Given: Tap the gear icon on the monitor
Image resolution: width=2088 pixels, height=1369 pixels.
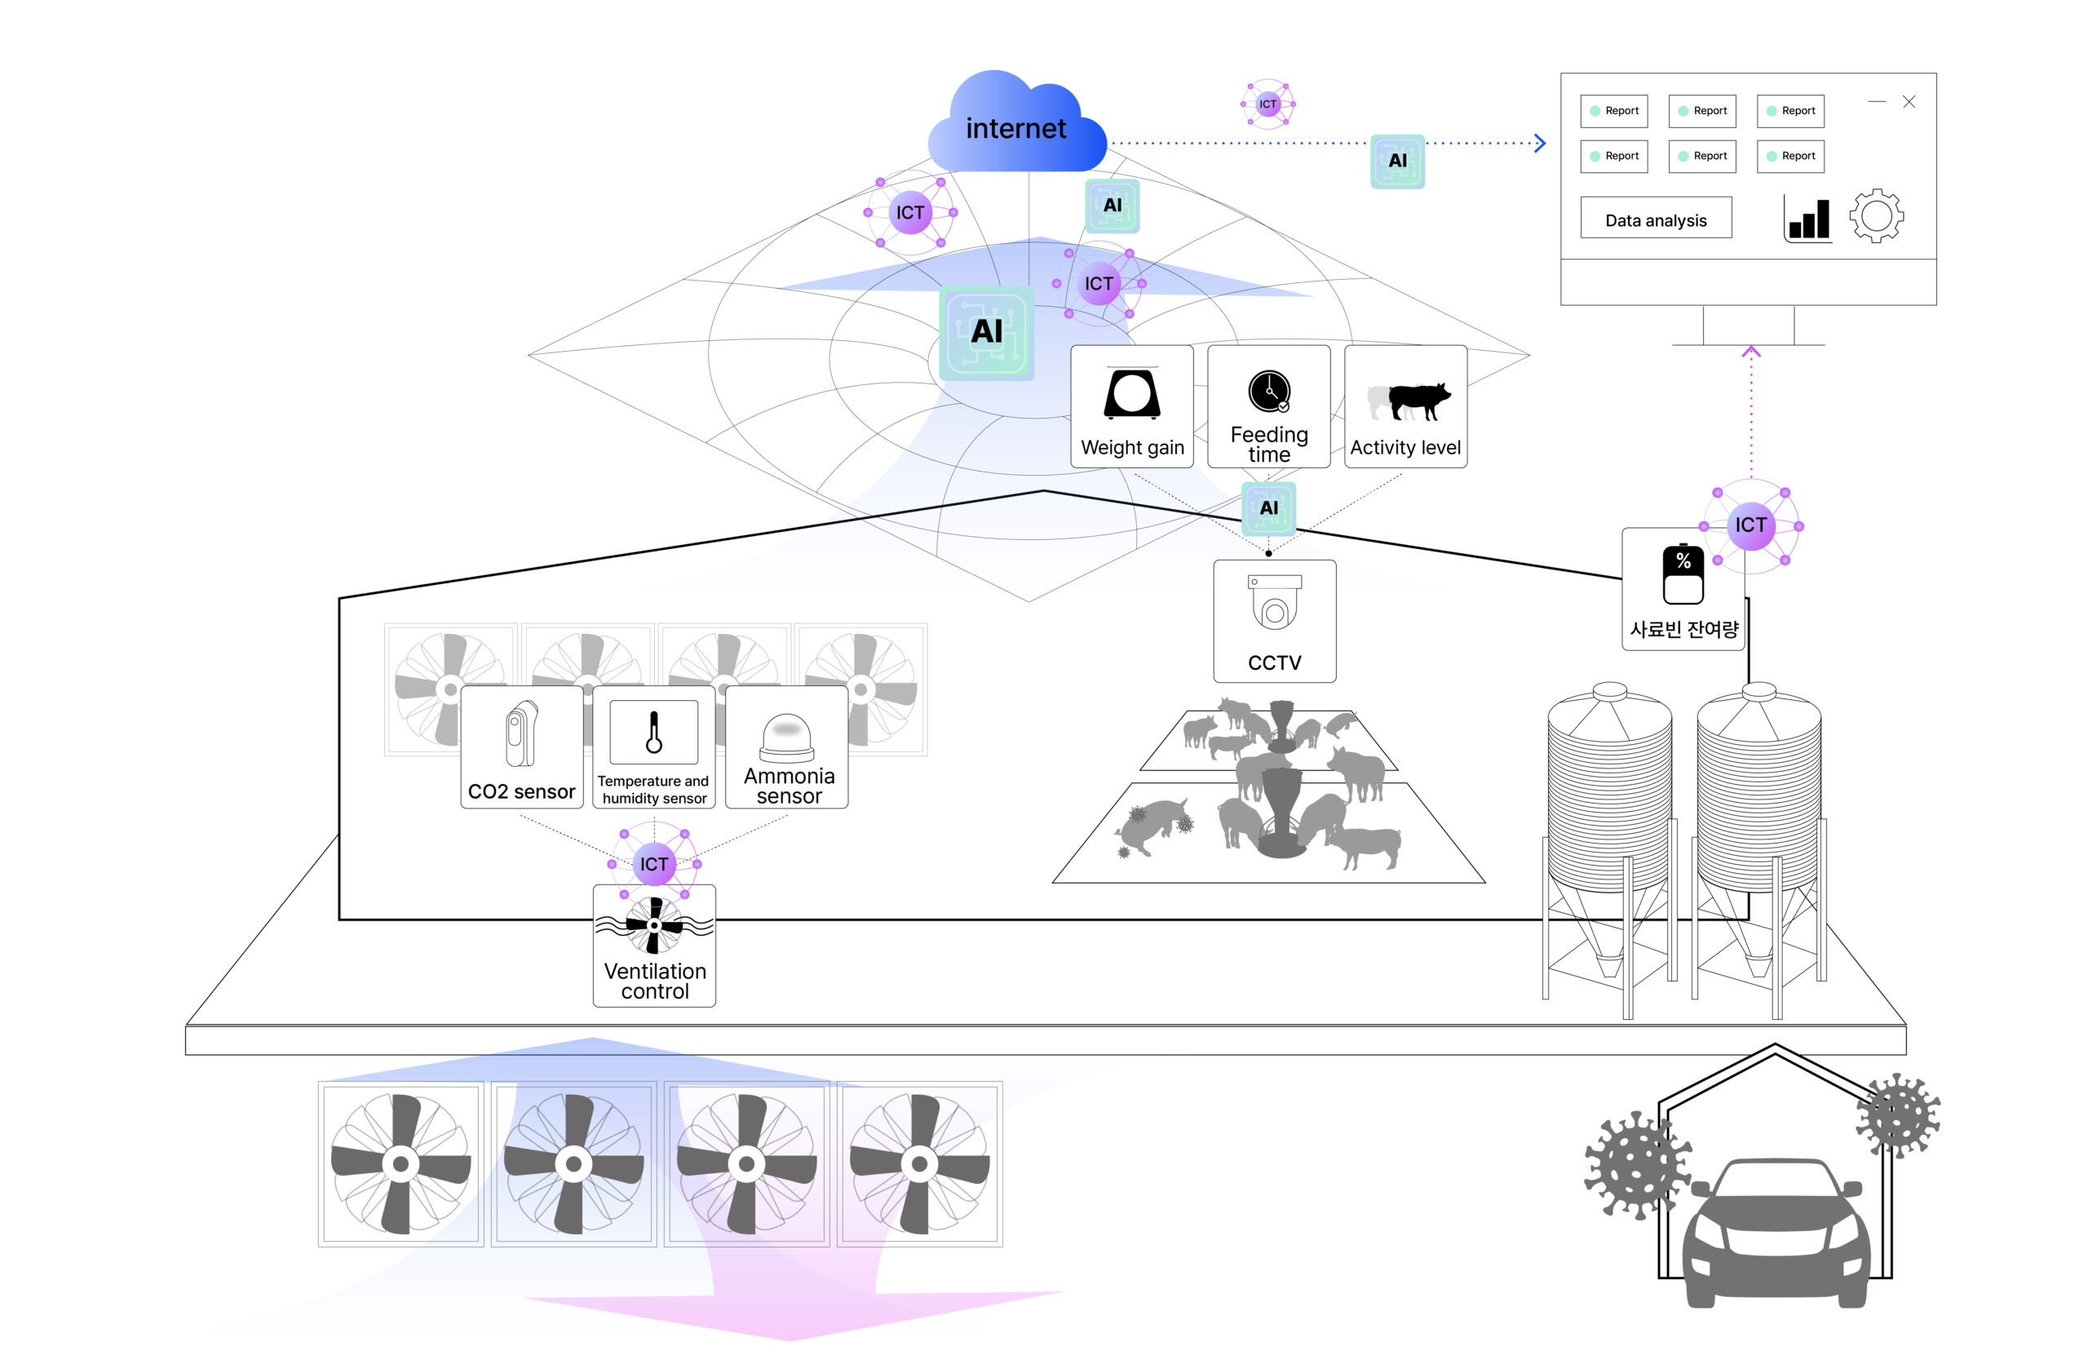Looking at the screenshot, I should (1876, 216).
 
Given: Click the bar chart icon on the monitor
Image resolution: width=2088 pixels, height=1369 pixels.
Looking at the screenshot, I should (1808, 219).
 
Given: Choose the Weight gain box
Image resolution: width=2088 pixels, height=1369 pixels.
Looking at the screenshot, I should (1132, 406).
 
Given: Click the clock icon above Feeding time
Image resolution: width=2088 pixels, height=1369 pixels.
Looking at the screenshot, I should (1268, 392).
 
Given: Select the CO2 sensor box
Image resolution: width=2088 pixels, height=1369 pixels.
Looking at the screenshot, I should (521, 747).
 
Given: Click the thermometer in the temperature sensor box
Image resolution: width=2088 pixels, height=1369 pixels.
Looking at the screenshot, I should (653, 733).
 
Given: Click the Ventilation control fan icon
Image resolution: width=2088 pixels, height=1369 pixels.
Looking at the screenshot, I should (653, 925).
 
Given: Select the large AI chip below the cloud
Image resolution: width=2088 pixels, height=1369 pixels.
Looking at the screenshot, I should (986, 333).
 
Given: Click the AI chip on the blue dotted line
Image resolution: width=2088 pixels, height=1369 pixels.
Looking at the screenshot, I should (1396, 162).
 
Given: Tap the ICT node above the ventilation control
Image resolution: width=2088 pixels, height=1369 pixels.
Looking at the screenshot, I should (653, 863).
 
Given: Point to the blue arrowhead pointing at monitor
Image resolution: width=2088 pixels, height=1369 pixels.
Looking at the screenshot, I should (1540, 143).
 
